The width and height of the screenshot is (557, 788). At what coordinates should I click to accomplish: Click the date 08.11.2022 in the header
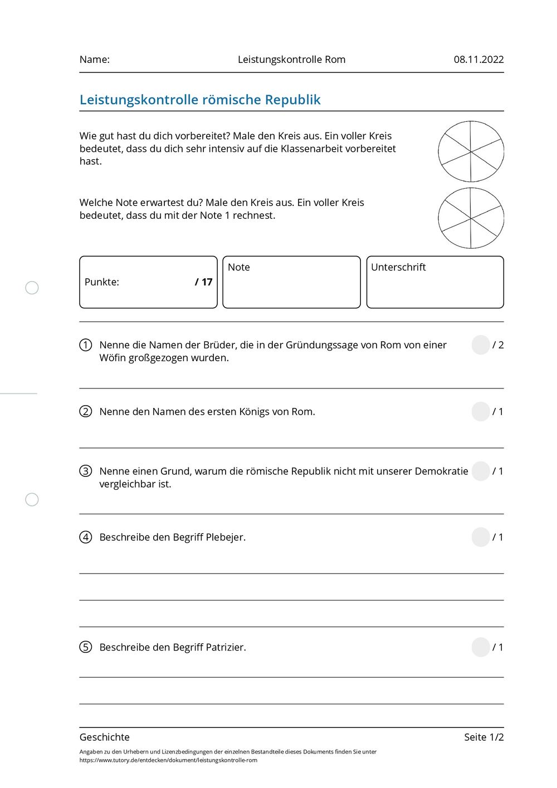(x=478, y=60)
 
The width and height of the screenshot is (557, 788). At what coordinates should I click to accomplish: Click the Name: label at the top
(x=95, y=60)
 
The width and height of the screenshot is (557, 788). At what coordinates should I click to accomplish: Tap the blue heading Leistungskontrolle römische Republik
(x=200, y=100)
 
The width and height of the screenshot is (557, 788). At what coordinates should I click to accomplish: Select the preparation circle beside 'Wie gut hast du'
(x=471, y=151)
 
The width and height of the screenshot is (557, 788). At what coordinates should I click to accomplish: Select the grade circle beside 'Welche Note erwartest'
(x=471, y=218)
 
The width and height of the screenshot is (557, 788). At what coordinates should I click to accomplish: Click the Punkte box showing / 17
(x=148, y=282)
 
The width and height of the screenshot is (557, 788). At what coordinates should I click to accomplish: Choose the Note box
(x=291, y=282)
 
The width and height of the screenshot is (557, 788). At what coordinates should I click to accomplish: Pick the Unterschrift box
(x=435, y=282)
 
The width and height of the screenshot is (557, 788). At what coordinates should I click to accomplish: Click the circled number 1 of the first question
(x=86, y=345)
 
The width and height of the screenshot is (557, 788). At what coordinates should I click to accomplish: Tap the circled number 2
(x=86, y=412)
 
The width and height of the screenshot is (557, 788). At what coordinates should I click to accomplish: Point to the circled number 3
(x=86, y=471)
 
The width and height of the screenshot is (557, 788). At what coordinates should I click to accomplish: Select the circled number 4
(x=86, y=537)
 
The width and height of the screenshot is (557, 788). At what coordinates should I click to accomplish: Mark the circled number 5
(x=86, y=647)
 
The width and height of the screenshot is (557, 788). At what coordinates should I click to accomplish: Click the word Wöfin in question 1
(x=113, y=358)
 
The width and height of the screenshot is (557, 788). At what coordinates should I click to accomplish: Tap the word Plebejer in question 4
(x=226, y=537)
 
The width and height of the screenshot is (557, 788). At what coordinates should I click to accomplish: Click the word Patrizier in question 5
(x=226, y=647)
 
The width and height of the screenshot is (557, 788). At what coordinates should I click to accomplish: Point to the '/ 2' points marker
(x=498, y=345)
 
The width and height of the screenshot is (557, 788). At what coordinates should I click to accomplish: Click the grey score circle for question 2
(x=481, y=412)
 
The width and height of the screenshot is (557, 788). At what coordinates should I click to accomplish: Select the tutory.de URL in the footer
(x=168, y=760)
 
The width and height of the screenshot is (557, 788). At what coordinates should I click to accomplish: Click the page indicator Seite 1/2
(x=483, y=737)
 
